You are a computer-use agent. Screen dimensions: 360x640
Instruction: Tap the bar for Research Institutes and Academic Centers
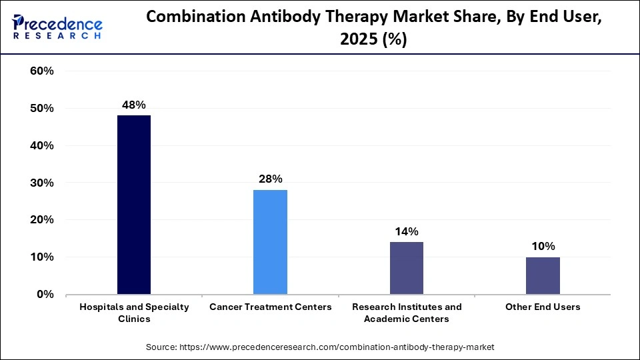[x=406, y=268]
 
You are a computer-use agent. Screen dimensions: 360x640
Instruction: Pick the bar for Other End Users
[x=543, y=275]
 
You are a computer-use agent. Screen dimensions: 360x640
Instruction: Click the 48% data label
[x=134, y=105]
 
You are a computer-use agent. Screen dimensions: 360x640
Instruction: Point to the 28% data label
[x=270, y=179]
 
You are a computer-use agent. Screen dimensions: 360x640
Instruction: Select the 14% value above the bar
[x=406, y=231]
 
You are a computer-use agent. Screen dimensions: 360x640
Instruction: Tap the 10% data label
[x=543, y=246]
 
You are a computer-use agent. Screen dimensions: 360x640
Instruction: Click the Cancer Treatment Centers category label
[x=270, y=307]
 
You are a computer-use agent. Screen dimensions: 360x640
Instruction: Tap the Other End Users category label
[x=543, y=307]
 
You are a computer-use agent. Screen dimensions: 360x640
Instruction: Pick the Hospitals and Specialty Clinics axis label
[x=134, y=313]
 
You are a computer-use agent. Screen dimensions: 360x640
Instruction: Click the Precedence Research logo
[x=57, y=27]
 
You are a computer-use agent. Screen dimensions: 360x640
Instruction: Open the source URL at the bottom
[x=320, y=347]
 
